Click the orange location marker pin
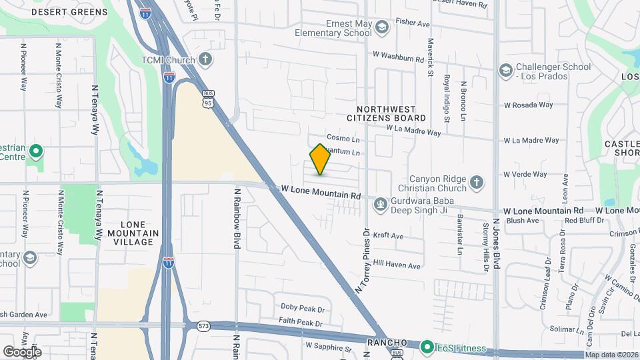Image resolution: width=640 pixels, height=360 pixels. tap(321, 159)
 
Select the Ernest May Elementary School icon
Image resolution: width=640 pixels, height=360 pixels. tap(381, 27)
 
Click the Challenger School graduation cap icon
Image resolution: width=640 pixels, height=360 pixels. tap(505, 69)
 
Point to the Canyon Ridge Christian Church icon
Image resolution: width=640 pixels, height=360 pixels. tap(476, 182)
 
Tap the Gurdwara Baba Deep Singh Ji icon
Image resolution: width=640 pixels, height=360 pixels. tap(380, 203)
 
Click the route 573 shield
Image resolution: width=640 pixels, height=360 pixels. tap(203, 326)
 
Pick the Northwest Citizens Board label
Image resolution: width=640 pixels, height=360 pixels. tap(391, 113)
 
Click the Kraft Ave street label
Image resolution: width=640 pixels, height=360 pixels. tap(389, 236)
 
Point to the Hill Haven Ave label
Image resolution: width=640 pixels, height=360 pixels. tap(397, 265)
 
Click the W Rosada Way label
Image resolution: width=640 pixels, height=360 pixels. tap(528, 105)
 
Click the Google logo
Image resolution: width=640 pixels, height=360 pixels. tap(22, 351)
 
